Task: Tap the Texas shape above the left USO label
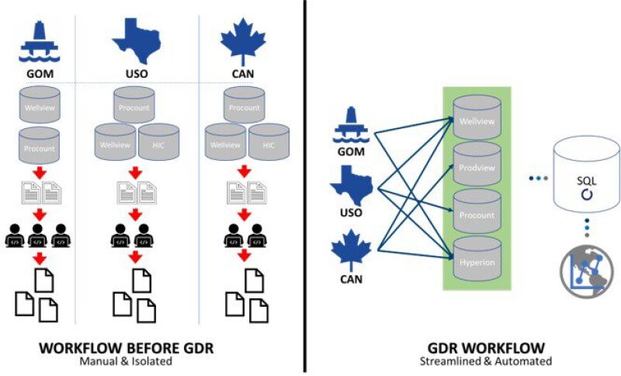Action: click(x=136, y=37)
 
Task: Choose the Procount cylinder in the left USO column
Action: click(x=136, y=106)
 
